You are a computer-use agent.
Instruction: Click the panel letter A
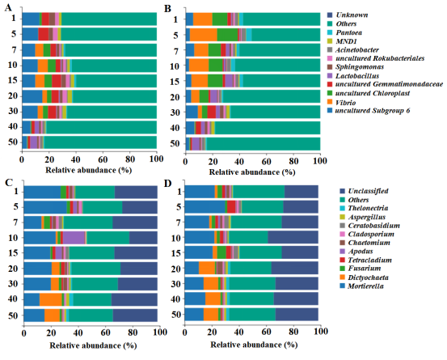point(8,8)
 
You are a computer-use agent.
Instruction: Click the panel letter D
point(168,183)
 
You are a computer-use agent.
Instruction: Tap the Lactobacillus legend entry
point(353,76)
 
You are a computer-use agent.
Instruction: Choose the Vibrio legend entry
point(341,103)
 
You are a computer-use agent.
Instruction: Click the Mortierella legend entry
point(361,286)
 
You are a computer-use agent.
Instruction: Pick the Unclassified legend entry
point(364,191)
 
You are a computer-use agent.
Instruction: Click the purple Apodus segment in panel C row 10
point(74,237)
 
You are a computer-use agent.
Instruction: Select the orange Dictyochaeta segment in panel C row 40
point(51,299)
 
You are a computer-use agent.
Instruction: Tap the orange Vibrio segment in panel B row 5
point(204,35)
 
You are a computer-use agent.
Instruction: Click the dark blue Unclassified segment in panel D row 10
point(293,237)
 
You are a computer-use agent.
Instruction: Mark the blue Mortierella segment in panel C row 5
point(45,207)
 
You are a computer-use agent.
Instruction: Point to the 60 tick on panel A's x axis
point(103,159)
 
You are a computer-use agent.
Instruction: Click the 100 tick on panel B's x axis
point(320,161)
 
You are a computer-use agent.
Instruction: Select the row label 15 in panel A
point(13,81)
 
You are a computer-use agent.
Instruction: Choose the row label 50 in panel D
point(176,315)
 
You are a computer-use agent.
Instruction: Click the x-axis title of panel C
point(93,345)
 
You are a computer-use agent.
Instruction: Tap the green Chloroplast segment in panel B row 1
point(220,19)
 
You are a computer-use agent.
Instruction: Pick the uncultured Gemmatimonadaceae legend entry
point(385,84)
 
